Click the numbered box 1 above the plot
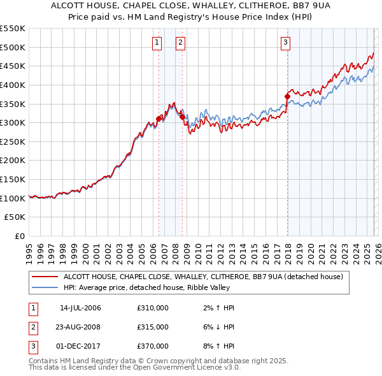157,43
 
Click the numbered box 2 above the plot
181,43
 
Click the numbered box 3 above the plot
286,43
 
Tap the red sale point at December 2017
287,96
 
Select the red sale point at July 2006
159,119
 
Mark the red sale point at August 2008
182,117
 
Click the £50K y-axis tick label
15,217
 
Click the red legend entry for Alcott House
203,277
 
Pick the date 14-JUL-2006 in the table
80,308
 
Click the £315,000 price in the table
153,327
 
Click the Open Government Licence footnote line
135,368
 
